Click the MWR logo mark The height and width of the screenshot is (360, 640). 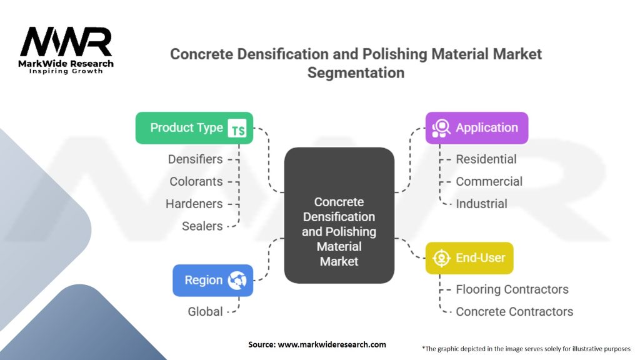coord(66,42)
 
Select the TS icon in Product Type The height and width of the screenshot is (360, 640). coord(237,129)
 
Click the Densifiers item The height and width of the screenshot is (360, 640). coord(195,159)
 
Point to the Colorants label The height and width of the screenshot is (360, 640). coord(196,182)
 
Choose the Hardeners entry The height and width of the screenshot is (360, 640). coord(194,204)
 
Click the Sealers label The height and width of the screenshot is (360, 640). coord(202,226)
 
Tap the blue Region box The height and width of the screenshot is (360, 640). coord(212,280)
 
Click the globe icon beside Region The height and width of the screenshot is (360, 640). coord(237,281)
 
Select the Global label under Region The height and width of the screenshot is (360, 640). coord(205,311)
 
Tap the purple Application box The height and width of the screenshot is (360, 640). coord(476,128)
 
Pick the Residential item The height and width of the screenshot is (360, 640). coord(486,159)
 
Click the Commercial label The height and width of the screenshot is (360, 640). coord(489,182)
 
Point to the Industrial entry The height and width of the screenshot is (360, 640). coord(481,204)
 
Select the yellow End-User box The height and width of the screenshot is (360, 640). coord(469,257)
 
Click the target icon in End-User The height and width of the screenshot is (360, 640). coord(441,258)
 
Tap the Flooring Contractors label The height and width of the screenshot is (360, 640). coord(512,289)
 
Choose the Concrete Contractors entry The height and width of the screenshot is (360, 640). coord(514,311)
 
